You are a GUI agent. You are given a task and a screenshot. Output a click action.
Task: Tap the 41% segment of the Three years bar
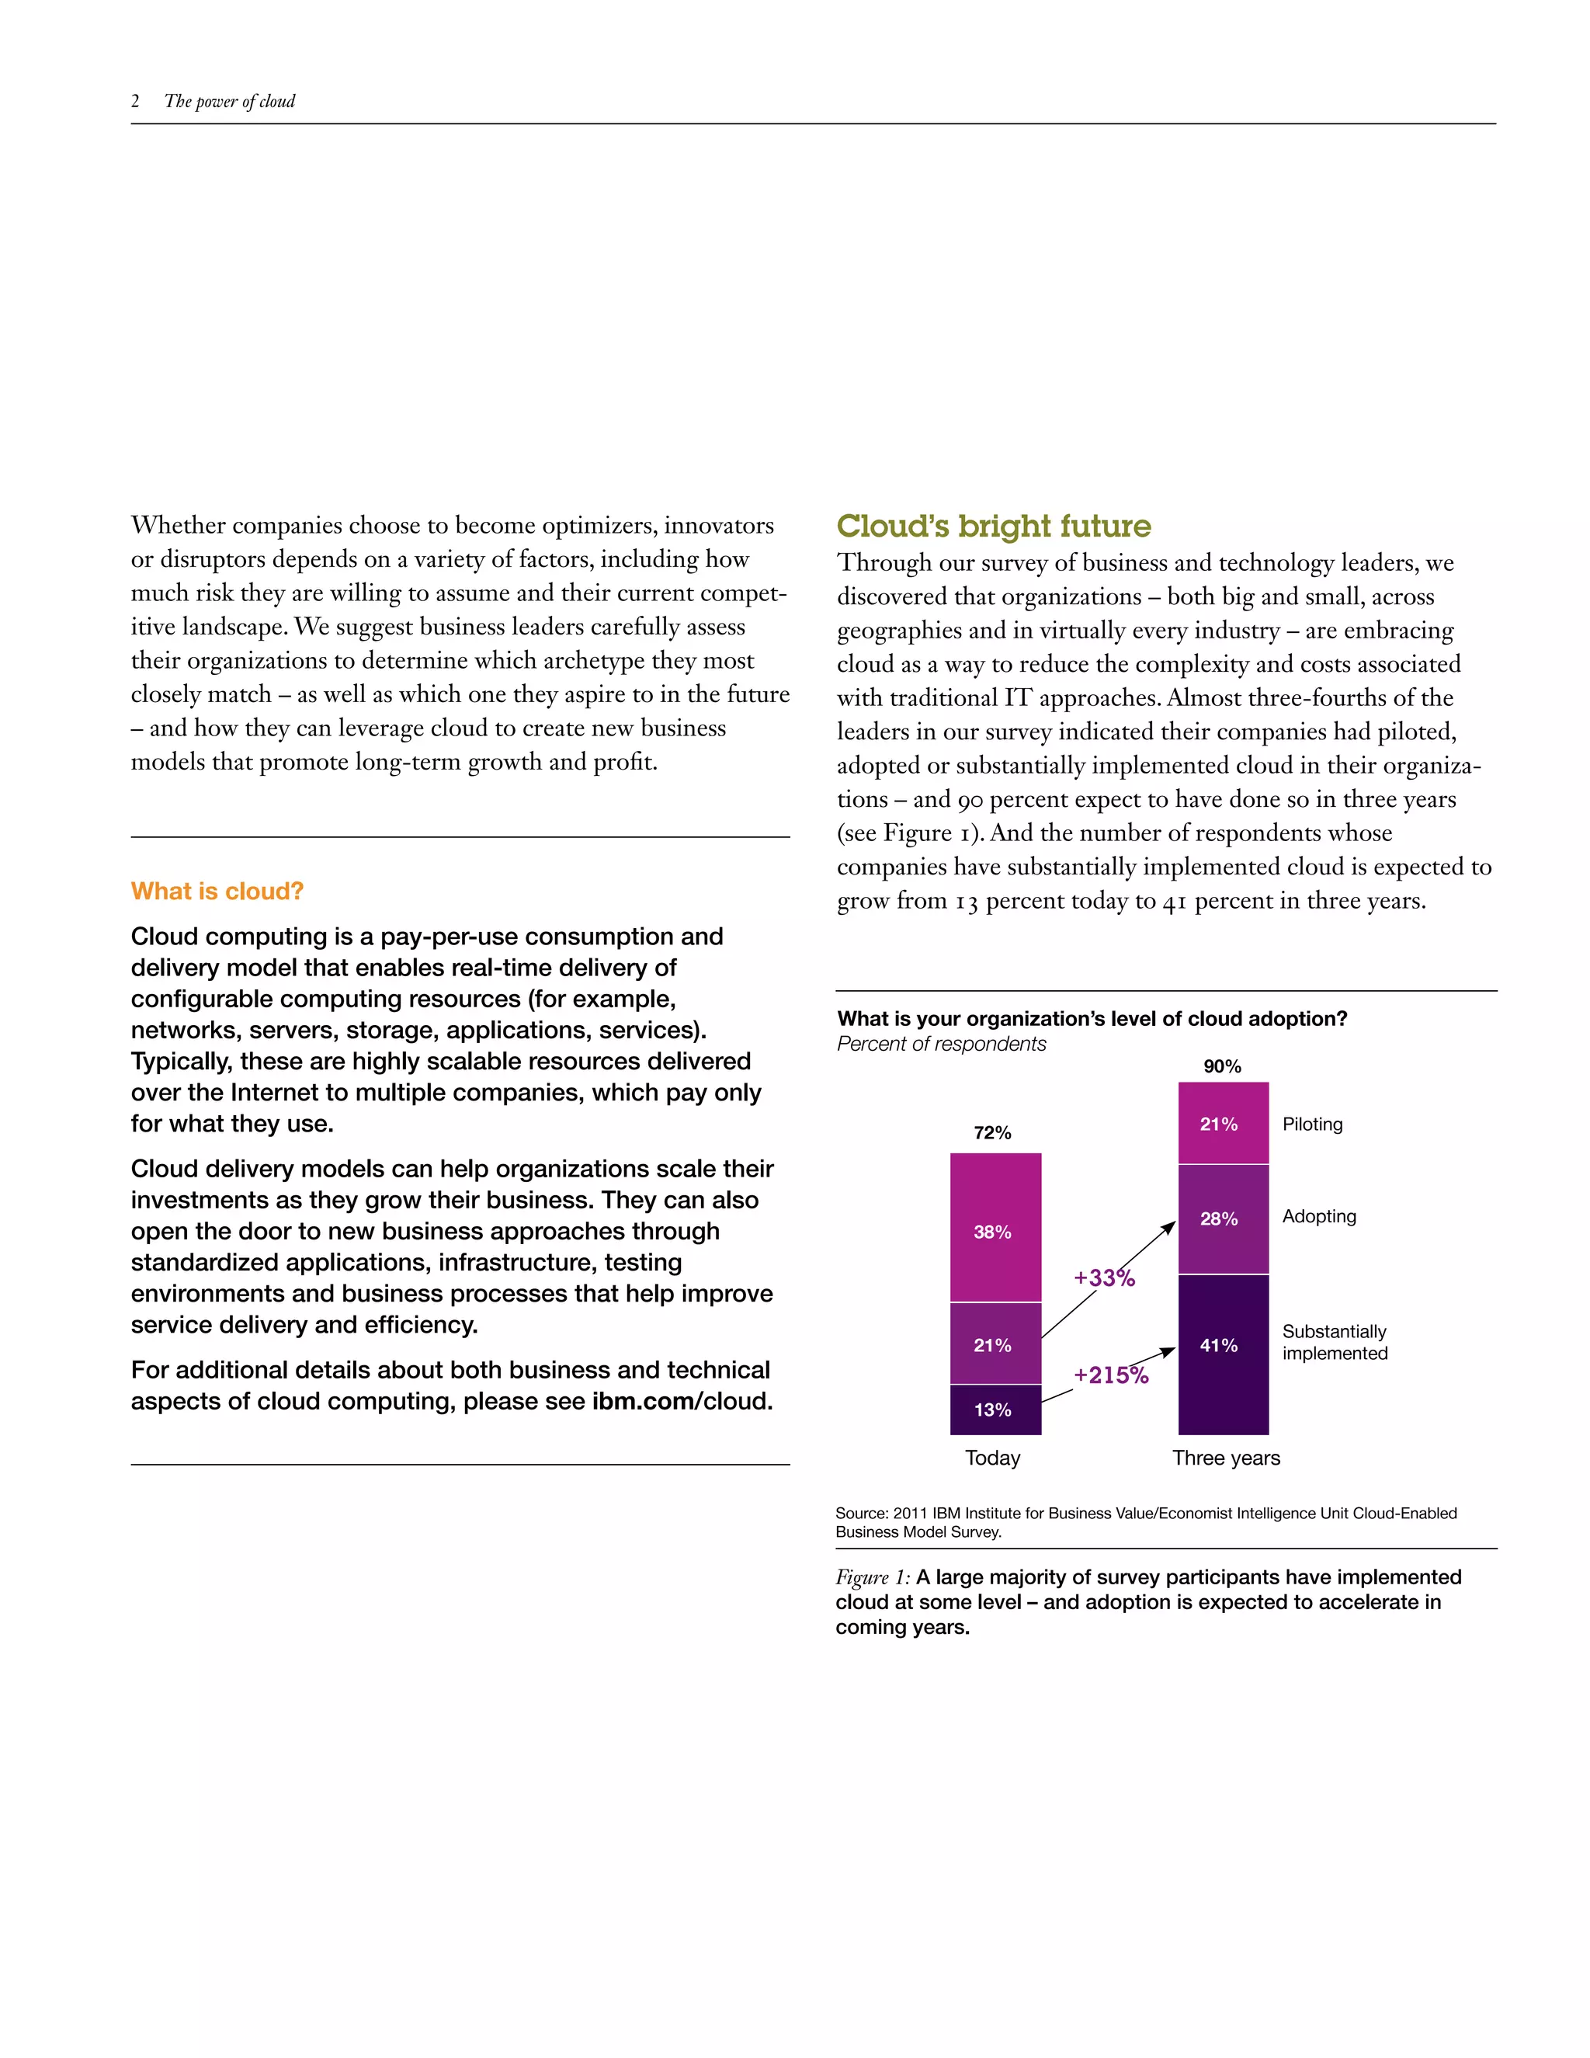(x=1223, y=1353)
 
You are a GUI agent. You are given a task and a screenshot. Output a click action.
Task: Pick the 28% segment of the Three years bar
(x=1223, y=1218)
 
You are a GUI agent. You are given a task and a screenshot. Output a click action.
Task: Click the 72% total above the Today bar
(x=992, y=1132)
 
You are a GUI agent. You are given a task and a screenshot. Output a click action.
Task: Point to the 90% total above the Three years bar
(x=1222, y=1067)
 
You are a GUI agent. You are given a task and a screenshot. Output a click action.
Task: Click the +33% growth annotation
(x=1104, y=1279)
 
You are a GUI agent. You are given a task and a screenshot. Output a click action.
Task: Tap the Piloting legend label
(x=1312, y=1125)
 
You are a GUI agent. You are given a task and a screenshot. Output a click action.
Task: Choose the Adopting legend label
(x=1319, y=1216)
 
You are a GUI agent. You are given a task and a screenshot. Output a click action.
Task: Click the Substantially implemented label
(x=1334, y=1343)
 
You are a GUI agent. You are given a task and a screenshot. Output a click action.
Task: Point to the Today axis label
(x=993, y=1458)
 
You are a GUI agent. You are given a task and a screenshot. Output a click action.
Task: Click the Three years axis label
(x=1225, y=1458)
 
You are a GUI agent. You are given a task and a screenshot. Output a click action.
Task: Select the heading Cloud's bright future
(x=993, y=526)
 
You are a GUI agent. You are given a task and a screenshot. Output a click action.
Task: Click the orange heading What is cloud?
(x=217, y=892)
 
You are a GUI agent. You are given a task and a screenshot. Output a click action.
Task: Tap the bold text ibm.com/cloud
(x=681, y=1401)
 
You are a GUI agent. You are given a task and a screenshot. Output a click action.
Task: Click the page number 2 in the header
(x=136, y=102)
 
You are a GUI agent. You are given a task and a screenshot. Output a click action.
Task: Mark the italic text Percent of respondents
(x=941, y=1044)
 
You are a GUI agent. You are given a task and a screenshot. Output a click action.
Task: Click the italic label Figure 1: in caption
(x=872, y=1577)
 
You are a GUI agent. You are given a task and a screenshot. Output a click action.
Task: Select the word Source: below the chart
(x=861, y=1514)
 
